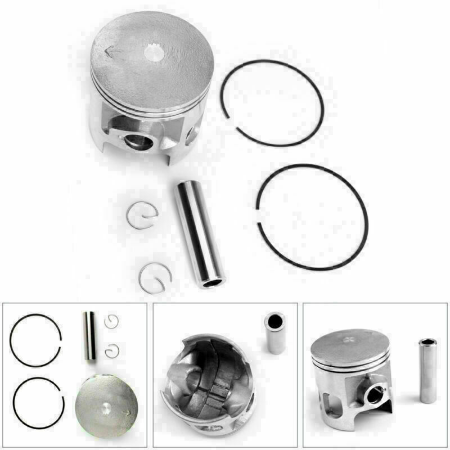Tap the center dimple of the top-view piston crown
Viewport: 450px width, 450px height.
[107, 406]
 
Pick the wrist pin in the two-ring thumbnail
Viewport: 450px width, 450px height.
[89, 336]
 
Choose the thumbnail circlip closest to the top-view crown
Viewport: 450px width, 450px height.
[112, 351]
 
